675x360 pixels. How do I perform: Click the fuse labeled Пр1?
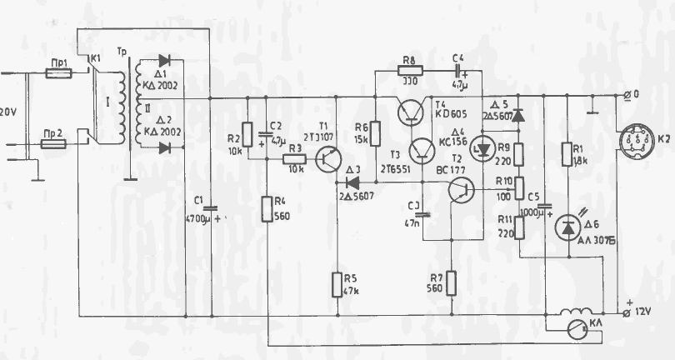[57, 73]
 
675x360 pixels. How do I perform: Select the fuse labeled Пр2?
[54, 143]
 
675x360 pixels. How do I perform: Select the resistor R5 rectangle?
[336, 284]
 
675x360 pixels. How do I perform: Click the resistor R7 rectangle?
[451, 283]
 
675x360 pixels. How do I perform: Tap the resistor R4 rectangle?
[267, 208]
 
